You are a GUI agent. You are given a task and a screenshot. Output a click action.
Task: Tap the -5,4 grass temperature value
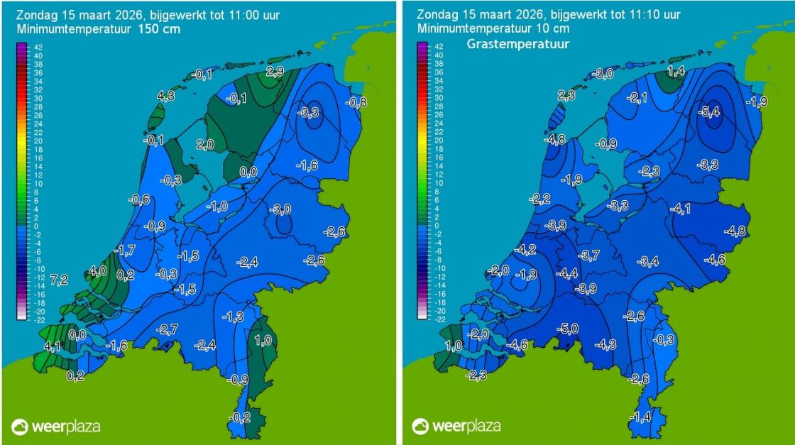click(x=713, y=111)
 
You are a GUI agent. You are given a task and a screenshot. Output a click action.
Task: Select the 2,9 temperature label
click(x=275, y=72)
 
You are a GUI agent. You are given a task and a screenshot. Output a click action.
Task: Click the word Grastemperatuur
click(x=519, y=44)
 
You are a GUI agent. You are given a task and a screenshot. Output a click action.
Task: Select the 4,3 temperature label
click(x=165, y=96)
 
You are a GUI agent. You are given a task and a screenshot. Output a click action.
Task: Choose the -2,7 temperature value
click(x=168, y=329)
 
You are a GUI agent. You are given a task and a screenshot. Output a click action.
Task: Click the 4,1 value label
click(x=52, y=346)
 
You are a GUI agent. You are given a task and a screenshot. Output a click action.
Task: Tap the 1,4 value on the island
click(x=676, y=72)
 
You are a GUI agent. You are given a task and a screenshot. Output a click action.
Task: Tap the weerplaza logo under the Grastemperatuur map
click(x=457, y=427)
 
